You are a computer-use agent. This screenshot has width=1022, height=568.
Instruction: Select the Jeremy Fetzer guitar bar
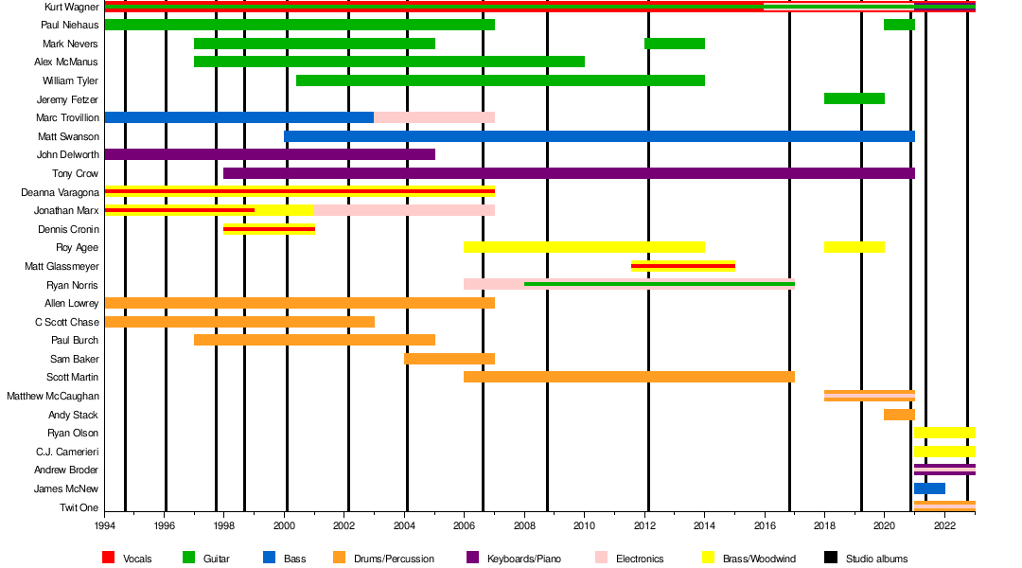tap(854, 98)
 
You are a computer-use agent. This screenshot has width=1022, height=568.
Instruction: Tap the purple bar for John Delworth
tap(270, 154)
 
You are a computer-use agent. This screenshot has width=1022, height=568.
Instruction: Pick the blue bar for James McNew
tap(929, 488)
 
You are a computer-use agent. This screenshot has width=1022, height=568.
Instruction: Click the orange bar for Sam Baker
tap(449, 359)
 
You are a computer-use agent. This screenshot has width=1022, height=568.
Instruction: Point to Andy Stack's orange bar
tap(899, 415)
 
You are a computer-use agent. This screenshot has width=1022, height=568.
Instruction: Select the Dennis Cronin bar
tap(269, 229)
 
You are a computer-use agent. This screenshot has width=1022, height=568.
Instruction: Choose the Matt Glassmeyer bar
tap(682, 266)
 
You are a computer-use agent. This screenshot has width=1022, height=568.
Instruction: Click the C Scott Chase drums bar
tap(239, 322)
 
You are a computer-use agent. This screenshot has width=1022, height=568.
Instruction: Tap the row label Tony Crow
tap(75, 173)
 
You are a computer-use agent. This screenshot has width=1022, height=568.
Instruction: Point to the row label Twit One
tap(79, 507)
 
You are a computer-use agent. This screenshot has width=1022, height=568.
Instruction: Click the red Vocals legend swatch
tap(108, 559)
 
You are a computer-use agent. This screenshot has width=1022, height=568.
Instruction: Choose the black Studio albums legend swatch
tap(830, 559)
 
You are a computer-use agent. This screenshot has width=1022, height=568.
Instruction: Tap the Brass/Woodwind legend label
tap(757, 559)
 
